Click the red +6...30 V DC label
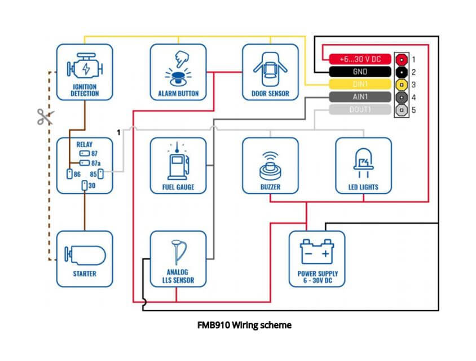[x=360, y=59]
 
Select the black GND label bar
[x=360, y=72]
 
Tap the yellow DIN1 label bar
[x=360, y=84]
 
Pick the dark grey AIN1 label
[x=360, y=97]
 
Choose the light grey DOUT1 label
[x=360, y=109]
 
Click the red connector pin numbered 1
[x=402, y=60]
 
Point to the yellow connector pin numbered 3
[x=402, y=85]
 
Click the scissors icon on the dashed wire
[x=45, y=117]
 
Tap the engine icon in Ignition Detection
[x=85, y=67]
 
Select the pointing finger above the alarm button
[x=182, y=59]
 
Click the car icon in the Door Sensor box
[x=270, y=69]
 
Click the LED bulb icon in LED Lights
[x=363, y=163]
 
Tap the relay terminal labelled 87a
[x=85, y=163]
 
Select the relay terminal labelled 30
[x=85, y=186]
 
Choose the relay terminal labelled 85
[x=100, y=174]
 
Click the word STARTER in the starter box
[x=85, y=274]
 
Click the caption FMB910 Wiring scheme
[x=244, y=325]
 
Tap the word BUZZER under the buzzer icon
[x=270, y=187]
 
